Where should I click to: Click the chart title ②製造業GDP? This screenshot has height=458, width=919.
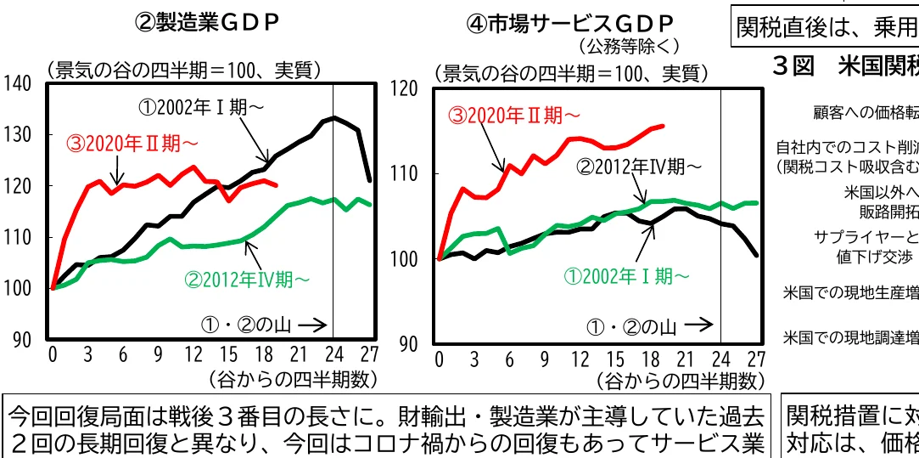(x=208, y=23)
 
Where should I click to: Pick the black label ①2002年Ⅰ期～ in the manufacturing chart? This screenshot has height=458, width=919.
(x=201, y=108)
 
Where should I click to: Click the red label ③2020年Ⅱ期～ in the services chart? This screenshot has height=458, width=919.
(x=515, y=114)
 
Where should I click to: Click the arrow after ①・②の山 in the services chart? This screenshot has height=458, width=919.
(x=698, y=325)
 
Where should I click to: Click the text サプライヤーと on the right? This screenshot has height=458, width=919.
(x=865, y=236)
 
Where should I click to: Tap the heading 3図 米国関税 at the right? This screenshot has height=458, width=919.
(x=845, y=65)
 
